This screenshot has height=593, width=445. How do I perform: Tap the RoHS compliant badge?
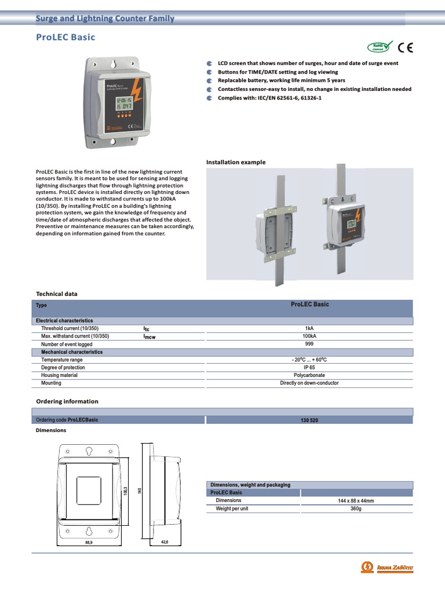[380, 47]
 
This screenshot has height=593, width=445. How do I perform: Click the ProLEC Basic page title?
[65, 38]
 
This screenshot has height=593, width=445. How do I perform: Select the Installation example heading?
[236, 162]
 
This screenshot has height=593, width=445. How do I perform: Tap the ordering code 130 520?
[309, 420]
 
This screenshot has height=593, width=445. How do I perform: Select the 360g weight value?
[356, 508]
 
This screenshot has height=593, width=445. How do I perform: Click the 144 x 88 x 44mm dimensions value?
[356, 500]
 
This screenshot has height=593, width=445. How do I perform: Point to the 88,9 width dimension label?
[88, 543]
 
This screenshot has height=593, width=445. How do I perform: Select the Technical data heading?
[57, 294]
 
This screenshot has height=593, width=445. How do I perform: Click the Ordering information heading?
[67, 401]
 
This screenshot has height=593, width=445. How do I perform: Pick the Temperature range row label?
[62, 360]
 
